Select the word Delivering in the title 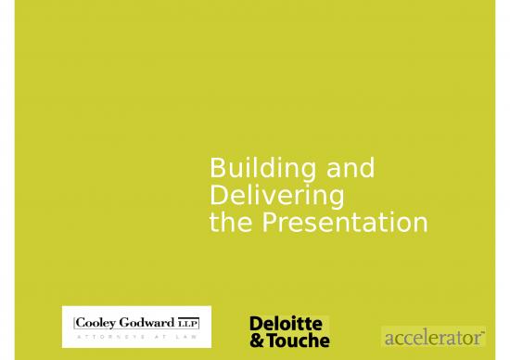point(277,196)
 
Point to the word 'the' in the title point(230,223)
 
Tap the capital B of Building point(218,169)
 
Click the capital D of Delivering point(219,196)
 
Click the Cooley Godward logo point(135,327)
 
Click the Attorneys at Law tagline point(135,337)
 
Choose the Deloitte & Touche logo point(288,331)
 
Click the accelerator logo point(434,335)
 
